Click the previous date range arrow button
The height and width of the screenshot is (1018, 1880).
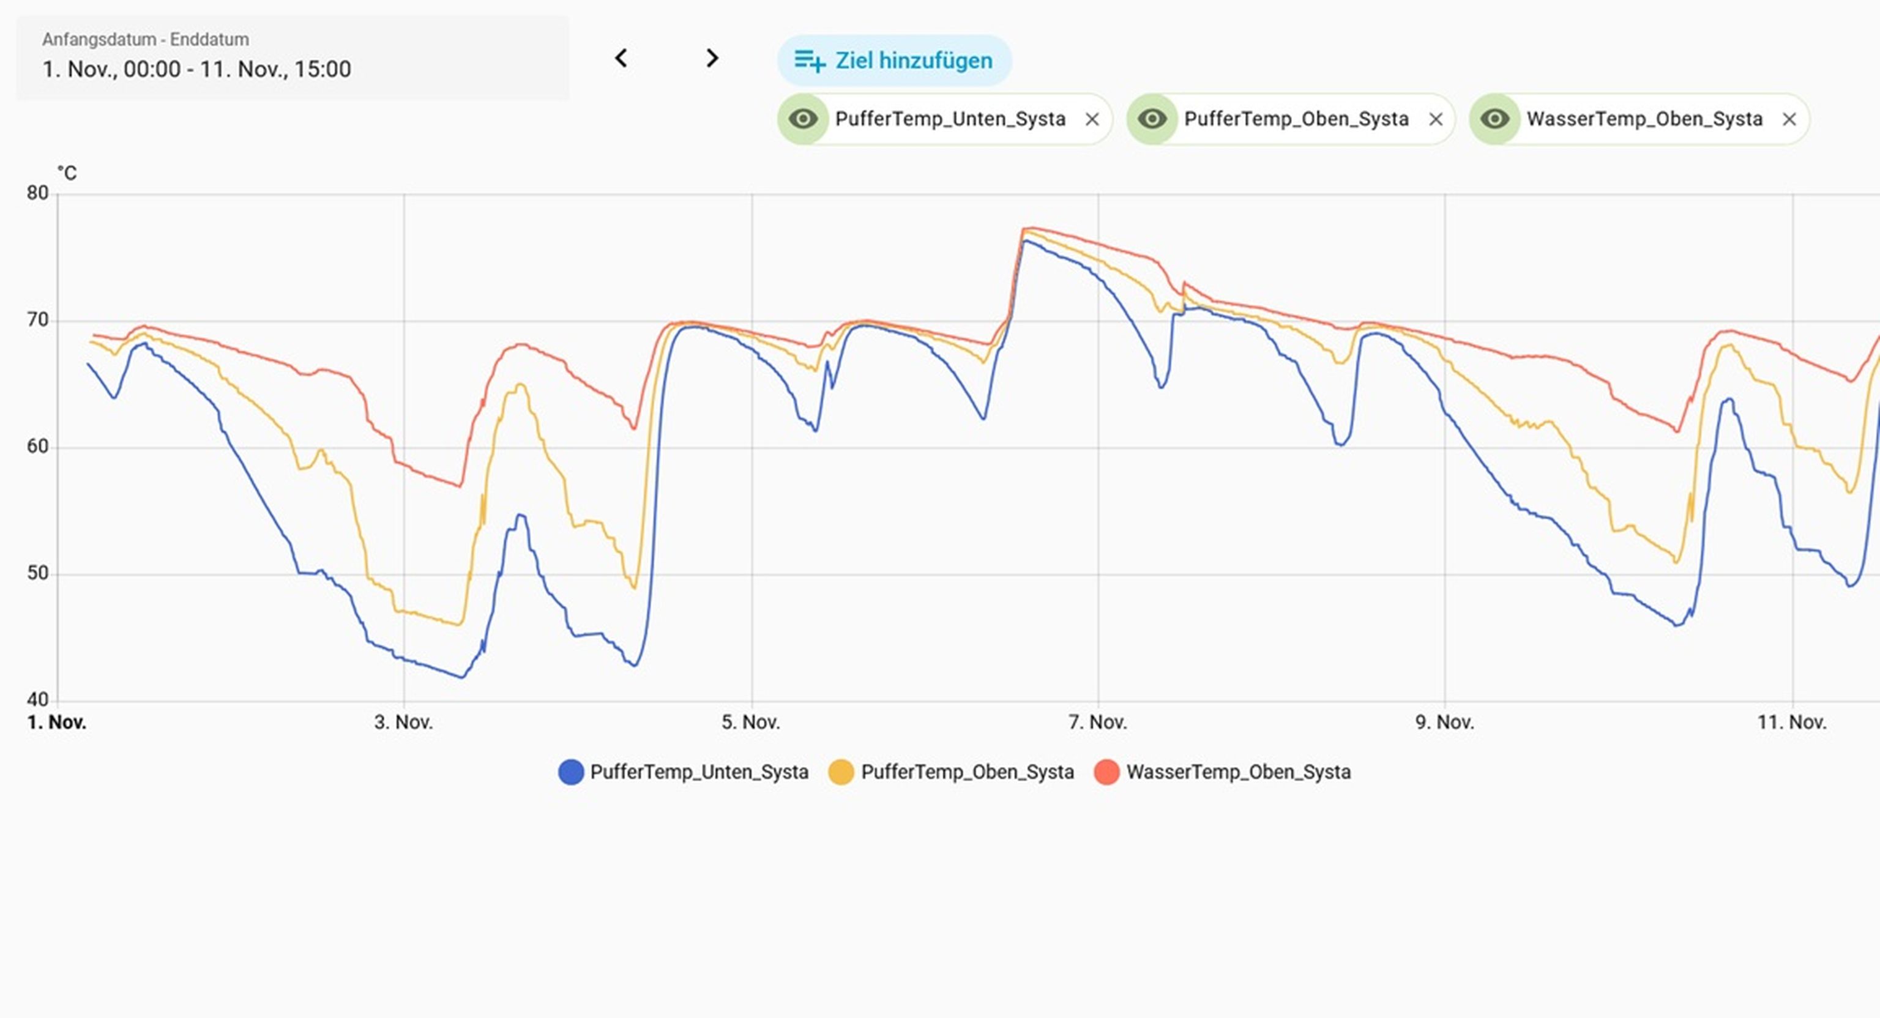(621, 58)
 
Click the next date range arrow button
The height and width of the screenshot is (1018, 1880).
(712, 58)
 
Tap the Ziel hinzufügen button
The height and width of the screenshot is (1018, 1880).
(894, 61)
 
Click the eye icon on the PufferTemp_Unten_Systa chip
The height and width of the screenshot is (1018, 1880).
(803, 119)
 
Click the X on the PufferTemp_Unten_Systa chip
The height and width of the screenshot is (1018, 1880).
(1092, 119)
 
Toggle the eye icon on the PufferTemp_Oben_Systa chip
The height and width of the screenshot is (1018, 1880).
(1152, 119)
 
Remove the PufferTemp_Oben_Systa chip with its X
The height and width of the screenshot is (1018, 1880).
(1436, 119)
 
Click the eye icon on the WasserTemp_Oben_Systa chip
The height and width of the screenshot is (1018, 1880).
(1494, 119)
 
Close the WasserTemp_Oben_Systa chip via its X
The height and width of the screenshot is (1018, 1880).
(1789, 119)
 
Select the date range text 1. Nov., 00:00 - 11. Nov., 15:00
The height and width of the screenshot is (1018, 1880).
(196, 69)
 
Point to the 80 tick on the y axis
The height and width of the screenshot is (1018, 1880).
(38, 193)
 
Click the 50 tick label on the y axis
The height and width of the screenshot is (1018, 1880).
(38, 574)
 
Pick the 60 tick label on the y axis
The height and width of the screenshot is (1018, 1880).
(38, 447)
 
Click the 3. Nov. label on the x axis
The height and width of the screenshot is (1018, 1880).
(403, 723)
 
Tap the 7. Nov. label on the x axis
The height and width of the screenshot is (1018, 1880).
(1098, 723)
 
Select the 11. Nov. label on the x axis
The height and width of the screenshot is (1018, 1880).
(1791, 723)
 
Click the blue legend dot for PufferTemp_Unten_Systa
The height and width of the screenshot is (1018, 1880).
(571, 772)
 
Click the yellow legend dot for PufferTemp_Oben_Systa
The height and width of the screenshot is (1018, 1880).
(841, 772)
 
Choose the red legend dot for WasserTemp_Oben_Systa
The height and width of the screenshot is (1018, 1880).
(1106, 772)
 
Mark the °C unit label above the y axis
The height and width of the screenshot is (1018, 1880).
(67, 173)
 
